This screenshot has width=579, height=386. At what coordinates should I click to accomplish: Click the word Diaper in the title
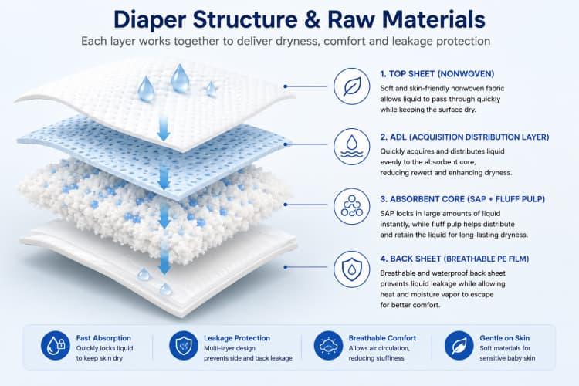point(150,19)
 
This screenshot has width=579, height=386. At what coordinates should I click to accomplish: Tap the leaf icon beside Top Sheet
point(351,86)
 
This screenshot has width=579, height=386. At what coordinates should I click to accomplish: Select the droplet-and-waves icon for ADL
point(351,147)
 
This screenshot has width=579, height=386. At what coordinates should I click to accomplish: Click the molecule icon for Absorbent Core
point(351,207)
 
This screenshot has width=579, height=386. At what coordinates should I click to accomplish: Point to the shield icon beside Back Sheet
point(351,269)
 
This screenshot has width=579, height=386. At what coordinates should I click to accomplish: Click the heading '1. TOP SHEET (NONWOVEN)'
point(437,74)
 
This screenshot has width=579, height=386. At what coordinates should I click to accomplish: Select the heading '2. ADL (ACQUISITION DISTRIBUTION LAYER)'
point(465,137)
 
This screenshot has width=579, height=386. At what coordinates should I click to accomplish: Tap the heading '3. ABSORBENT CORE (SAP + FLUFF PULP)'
point(462,199)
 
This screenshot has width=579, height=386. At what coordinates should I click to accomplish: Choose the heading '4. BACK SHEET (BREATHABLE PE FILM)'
point(455,259)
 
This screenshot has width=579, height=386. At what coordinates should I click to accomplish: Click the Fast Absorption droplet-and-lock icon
point(56,345)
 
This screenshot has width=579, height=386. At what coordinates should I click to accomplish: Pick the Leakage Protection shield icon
point(184,345)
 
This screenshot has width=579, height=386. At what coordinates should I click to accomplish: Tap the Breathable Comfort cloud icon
point(328,345)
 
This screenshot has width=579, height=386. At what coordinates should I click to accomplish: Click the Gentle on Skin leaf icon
point(459,345)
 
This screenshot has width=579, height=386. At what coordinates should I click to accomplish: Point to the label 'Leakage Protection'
point(237,338)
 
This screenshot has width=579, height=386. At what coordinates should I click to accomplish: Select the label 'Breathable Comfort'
point(383,338)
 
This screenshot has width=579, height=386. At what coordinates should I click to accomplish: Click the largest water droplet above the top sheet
point(180,78)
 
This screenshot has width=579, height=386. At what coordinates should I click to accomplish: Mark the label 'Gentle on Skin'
point(504,338)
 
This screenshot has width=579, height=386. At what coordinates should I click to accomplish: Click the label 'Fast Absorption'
point(103,338)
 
